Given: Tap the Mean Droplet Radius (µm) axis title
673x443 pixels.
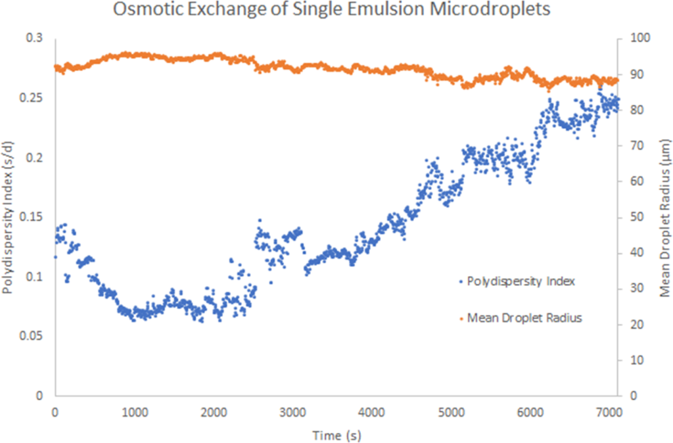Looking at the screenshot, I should (x=664, y=217).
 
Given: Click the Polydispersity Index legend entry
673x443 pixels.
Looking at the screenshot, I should (x=521, y=282).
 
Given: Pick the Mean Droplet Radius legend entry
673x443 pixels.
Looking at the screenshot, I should (x=524, y=318).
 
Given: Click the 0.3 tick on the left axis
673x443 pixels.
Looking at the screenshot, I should (x=35, y=38).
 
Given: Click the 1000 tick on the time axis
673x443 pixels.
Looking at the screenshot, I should (x=134, y=412).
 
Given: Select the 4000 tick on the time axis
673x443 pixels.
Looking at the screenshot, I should (x=372, y=412).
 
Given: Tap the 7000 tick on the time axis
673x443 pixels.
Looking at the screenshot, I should (x=610, y=412).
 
